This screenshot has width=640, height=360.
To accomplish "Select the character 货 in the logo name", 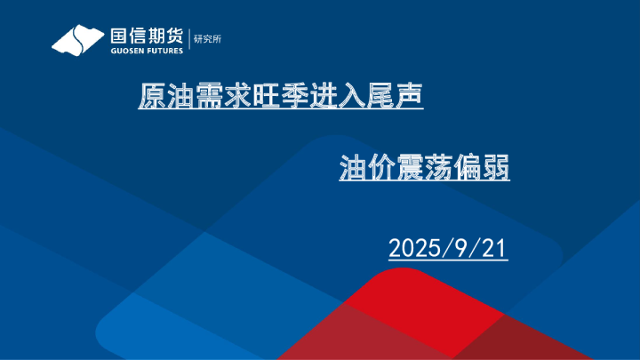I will coord(175,36).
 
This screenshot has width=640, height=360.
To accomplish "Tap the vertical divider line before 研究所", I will coord(189,40).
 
